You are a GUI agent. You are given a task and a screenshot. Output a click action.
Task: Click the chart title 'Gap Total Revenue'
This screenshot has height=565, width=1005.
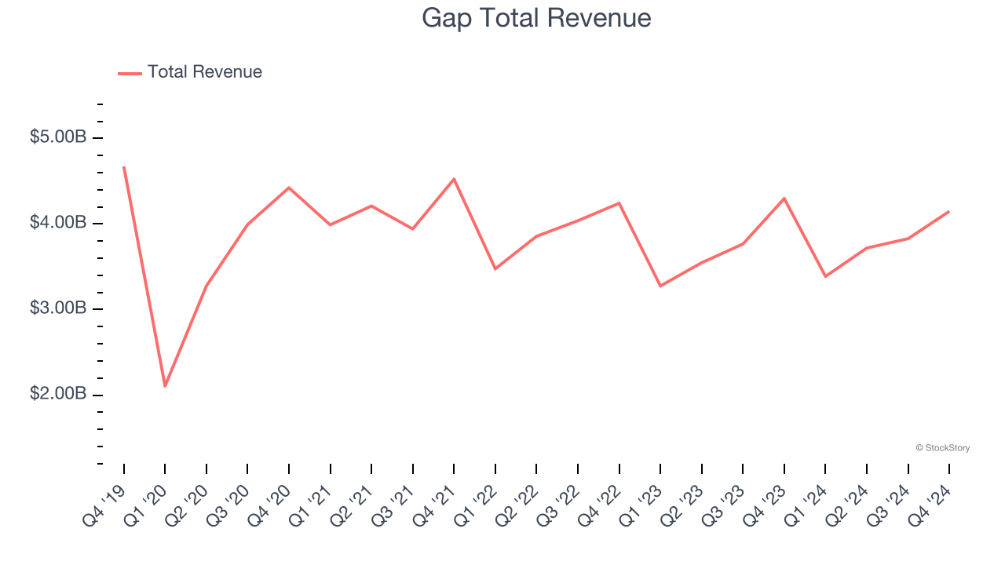click(x=536, y=17)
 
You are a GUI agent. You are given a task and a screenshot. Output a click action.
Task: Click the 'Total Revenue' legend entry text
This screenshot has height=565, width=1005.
click(x=204, y=72)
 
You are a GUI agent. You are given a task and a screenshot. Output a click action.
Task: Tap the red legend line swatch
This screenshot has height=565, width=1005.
click(x=130, y=73)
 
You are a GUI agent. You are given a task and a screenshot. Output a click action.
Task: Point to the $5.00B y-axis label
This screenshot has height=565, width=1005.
click(x=58, y=137)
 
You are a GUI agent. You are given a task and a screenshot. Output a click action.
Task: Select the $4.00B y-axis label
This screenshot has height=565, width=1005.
click(x=58, y=223)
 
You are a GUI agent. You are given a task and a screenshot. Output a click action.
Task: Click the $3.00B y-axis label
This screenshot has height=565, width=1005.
click(x=58, y=308)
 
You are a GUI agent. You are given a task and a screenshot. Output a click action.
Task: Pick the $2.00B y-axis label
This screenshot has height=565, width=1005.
click(x=58, y=394)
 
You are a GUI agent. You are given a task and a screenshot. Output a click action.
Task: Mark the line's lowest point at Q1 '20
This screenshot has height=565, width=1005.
click(x=165, y=386)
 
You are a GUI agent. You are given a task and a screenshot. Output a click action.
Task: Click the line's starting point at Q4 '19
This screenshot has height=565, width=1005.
click(x=124, y=167)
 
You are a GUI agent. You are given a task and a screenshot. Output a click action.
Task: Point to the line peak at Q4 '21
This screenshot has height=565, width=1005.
click(x=454, y=179)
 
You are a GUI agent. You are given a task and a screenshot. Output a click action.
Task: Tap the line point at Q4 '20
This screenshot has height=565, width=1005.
click(x=289, y=188)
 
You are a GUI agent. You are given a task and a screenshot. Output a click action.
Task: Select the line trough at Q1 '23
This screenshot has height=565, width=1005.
click(x=660, y=286)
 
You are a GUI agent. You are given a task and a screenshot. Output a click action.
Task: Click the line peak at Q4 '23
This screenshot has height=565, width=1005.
click(x=784, y=199)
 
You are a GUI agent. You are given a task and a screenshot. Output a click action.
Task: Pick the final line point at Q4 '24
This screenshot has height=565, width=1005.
click(x=949, y=211)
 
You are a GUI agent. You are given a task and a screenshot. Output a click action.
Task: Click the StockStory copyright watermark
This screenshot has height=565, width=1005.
click(x=942, y=448)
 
